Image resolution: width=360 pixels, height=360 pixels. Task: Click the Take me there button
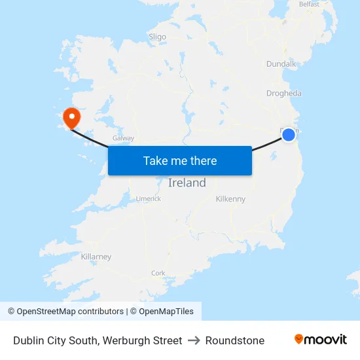180,160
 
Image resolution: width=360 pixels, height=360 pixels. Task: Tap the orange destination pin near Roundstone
71,118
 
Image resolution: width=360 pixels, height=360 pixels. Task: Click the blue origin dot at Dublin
289,135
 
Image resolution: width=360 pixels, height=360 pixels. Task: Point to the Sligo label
157,37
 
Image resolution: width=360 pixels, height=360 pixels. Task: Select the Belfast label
309,4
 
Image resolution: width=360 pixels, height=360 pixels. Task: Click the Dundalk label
281,64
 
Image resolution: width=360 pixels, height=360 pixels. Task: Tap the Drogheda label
284,94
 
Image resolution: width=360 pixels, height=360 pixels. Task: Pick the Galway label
123,138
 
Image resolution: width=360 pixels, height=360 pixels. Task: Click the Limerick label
148,198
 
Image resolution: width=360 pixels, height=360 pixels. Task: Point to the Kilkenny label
230,199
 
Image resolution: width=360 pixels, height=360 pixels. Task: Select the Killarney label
96,257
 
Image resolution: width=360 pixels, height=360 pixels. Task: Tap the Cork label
158,273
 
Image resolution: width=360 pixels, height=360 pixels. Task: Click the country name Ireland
187,183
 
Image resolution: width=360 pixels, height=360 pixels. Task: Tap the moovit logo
321,339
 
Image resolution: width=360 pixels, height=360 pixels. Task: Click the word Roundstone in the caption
235,340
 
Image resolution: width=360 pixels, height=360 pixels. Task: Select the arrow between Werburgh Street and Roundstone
194,340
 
